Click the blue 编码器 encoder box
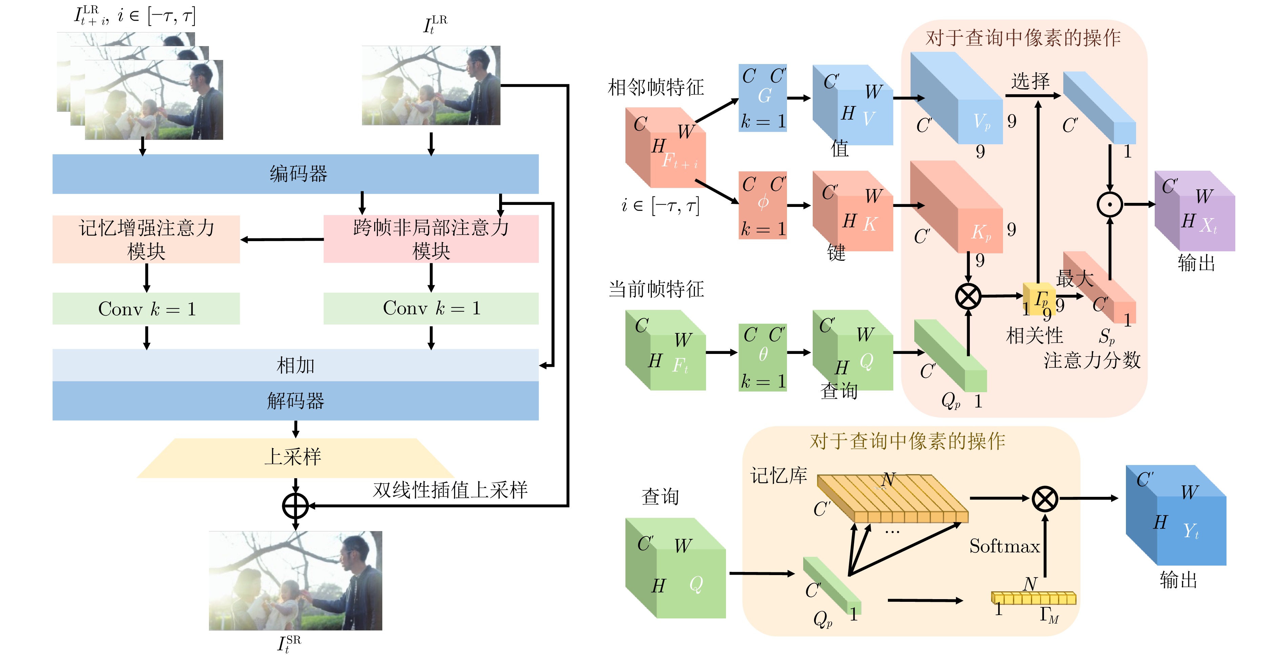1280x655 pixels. pos(295,174)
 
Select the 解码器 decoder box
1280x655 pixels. pos(295,401)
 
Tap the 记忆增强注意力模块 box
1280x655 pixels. pos(146,239)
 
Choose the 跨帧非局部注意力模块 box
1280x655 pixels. pos(431,239)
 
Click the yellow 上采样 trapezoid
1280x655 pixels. pos(295,458)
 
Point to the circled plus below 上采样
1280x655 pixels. pos(296,506)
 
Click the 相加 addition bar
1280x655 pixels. pos(295,365)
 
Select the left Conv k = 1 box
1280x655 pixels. pos(146,309)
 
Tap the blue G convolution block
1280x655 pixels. pos(762,98)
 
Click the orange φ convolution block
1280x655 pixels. pos(762,205)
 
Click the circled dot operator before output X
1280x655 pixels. pos(1110,204)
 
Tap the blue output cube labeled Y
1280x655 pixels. pos(1176,515)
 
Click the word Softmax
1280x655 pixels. pos(1004,546)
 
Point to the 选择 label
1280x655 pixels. pos(1030,81)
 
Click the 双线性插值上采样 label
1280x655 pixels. pos(450,490)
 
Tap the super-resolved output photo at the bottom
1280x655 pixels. pos(295,580)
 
